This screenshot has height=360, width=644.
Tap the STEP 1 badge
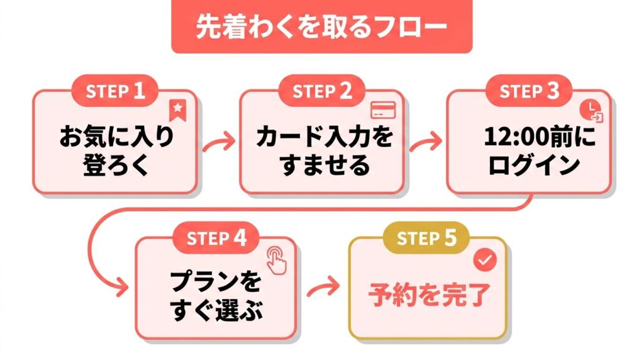pos(116,91)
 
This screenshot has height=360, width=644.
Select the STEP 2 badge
pos(322,91)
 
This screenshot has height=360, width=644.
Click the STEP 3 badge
pos(529,91)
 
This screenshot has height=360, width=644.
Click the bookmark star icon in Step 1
pos(177,110)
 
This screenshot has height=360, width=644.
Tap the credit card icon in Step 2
pos(382,110)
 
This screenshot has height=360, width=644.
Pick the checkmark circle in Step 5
pos(484,259)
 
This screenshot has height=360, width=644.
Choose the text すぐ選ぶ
pos(215,310)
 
